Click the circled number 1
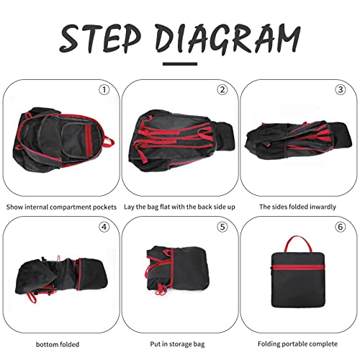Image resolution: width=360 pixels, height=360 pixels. coord(104,90)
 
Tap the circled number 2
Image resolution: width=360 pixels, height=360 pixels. coord(222,90)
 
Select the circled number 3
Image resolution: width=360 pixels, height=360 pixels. coord(341,90)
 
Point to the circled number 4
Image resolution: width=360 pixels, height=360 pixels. coord(104,227)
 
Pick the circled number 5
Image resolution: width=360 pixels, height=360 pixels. coord(222,227)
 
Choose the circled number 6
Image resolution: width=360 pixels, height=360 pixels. coord(341,227)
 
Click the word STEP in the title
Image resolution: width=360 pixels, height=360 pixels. coord(100,38)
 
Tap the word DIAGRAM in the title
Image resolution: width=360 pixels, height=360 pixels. coord(228,38)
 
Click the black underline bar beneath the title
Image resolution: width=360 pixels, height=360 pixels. coord(180,64)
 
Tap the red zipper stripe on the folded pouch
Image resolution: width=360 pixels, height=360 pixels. coord(298,267)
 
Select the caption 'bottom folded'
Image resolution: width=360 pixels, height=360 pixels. coord(58,345)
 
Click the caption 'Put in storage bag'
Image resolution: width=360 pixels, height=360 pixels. coord(177,344)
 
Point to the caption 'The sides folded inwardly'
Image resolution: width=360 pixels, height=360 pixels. coord(297,207)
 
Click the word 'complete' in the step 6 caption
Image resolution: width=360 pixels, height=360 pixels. coord(323,344)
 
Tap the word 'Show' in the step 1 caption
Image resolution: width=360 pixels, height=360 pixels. coord(14,207)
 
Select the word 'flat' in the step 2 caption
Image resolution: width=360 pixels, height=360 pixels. coord(165,207)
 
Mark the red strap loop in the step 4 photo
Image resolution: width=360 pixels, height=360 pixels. coord(32,297)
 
